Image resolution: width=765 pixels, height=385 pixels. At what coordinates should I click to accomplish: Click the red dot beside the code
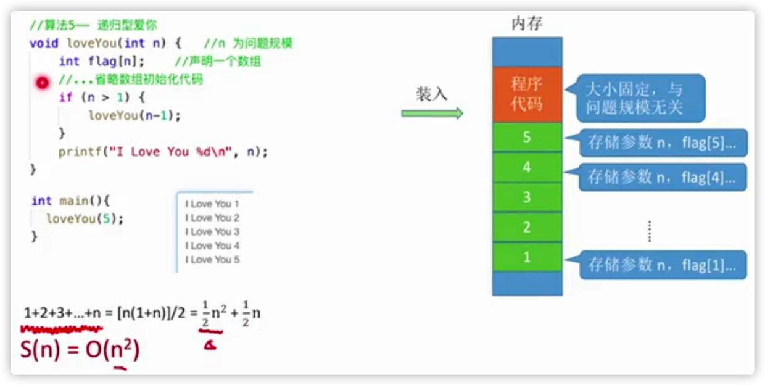point(42,83)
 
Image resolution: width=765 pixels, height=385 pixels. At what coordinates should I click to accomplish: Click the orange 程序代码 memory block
point(527,94)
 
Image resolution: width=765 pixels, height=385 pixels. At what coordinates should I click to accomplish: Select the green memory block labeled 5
point(527,137)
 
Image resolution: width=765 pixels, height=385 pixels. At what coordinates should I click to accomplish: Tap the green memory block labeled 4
point(527,167)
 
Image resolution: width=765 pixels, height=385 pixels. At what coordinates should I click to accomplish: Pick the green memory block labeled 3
point(527,197)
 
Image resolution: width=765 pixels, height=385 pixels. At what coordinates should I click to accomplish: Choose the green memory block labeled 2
point(527,227)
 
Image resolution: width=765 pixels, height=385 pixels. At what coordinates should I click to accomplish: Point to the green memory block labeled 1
point(527,257)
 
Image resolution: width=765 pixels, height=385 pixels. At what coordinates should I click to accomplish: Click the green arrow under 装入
point(432,113)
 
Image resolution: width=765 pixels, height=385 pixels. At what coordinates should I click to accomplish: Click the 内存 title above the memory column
point(527,24)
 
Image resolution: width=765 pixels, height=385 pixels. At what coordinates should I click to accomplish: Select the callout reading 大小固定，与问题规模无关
point(639,97)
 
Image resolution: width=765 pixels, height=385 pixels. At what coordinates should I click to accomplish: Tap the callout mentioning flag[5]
point(661,144)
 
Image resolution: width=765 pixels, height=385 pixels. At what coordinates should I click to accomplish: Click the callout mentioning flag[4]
point(661,177)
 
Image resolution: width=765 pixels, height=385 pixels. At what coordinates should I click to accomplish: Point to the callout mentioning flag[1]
point(661,265)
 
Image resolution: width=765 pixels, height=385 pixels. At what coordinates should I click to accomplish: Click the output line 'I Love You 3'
point(212,232)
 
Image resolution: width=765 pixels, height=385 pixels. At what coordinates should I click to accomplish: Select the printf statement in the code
point(163,152)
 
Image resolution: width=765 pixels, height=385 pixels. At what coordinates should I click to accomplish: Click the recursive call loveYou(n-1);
point(138,115)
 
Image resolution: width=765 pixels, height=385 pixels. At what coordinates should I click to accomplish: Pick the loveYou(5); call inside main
point(85,218)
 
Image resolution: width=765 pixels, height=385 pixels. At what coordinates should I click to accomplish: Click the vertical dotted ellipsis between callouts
point(649,231)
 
